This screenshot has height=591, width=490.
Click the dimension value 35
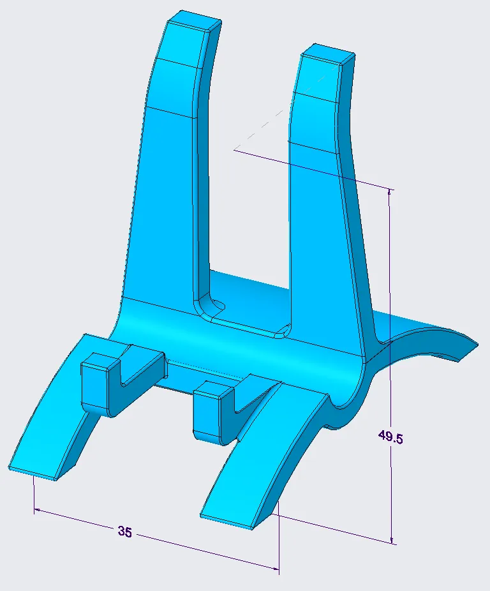[125, 531]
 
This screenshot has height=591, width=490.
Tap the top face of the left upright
[192, 25]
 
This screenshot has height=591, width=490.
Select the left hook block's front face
[94, 387]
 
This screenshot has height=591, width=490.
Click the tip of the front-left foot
[32, 470]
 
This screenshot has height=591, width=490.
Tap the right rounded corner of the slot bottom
[282, 331]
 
